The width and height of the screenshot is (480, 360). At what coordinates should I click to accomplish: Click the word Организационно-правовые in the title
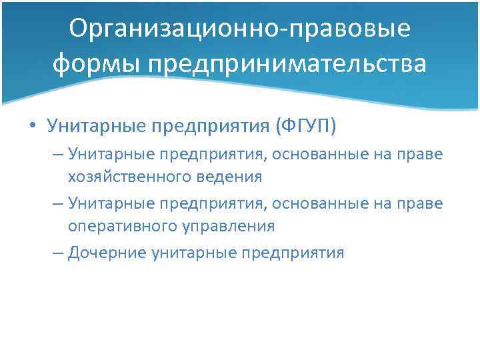[240, 30]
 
